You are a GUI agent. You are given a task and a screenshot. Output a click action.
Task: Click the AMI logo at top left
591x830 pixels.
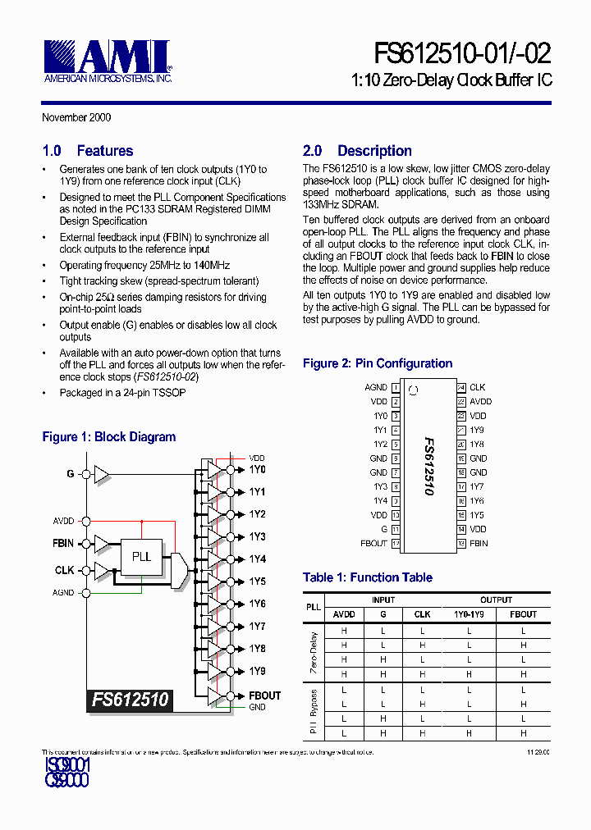click(107, 59)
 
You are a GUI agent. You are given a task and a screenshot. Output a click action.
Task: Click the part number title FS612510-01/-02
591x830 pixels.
click(463, 54)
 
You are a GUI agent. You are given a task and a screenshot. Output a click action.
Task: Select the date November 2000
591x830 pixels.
click(76, 117)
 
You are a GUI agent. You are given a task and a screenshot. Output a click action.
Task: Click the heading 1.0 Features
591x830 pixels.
click(87, 151)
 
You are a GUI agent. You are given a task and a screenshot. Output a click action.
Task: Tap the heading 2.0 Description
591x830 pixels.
click(357, 151)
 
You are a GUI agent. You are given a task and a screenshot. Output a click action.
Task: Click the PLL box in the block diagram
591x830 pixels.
click(142, 556)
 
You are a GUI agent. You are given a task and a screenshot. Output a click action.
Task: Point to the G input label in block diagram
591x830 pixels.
click(70, 473)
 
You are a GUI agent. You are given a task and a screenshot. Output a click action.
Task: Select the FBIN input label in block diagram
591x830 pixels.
click(63, 543)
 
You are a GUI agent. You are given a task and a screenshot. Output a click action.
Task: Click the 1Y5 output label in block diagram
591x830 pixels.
click(257, 581)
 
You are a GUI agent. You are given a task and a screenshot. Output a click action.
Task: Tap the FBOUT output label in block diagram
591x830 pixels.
click(264, 695)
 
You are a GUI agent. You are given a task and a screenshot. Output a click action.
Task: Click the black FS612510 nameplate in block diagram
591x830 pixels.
click(130, 700)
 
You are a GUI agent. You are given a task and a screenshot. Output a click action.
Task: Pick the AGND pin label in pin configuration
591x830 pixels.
click(376, 387)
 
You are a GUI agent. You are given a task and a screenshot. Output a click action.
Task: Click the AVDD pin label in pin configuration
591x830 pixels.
click(480, 402)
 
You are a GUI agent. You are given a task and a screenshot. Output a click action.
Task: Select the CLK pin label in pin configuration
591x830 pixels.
click(477, 387)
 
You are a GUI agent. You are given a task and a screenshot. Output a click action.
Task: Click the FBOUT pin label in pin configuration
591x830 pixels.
click(373, 543)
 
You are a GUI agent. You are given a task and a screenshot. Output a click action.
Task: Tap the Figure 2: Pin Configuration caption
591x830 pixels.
click(378, 363)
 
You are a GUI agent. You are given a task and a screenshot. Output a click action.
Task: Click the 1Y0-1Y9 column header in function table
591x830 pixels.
click(469, 614)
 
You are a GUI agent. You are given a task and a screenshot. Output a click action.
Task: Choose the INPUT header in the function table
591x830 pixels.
click(383, 600)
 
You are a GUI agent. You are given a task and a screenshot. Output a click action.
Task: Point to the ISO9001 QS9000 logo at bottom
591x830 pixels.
click(66, 773)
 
